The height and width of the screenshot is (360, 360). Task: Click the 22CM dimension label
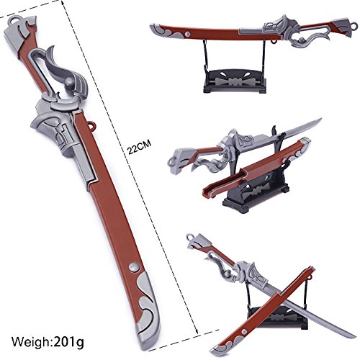click(x=139, y=147)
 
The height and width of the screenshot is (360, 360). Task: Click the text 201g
click(x=69, y=341)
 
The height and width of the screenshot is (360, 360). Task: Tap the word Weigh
click(x=31, y=341)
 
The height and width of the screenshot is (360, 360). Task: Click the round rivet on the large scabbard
click(x=134, y=267)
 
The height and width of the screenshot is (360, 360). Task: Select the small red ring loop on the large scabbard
click(x=91, y=125)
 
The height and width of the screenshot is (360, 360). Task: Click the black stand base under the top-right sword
click(x=235, y=81)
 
